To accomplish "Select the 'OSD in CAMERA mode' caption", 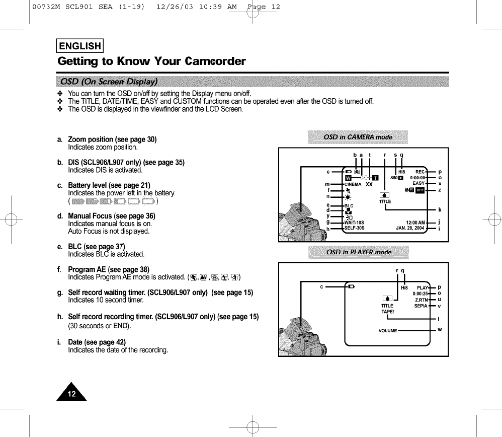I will pos(358,137).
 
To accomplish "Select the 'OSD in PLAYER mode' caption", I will pos(359,252).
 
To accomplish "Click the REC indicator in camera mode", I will pos(420,171).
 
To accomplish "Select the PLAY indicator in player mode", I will pos(422,287).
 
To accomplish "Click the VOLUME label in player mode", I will pos(388,331).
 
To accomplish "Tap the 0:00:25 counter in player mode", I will pos(420,294).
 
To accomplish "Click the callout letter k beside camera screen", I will pos(439,209).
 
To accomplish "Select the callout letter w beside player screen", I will pos(439,330).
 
